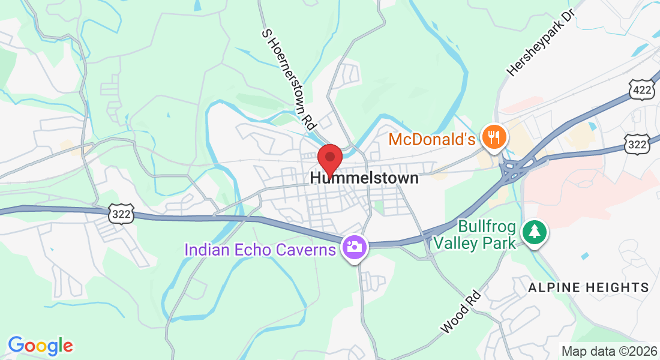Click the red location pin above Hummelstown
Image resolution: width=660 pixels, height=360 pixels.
[x=329, y=158]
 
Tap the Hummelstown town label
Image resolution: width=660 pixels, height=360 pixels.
[x=364, y=178]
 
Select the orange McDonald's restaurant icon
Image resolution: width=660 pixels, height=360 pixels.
[x=495, y=137]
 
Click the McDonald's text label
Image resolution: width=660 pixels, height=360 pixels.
[x=432, y=140]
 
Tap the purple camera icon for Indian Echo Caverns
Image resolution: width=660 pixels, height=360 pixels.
[x=354, y=247]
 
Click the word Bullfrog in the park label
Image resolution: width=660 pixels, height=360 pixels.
[x=487, y=227]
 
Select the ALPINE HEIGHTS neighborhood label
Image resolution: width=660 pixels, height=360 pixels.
[x=589, y=288]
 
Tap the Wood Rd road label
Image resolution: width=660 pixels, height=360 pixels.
[x=461, y=312]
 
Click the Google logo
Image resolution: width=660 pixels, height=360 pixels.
[x=40, y=346]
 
